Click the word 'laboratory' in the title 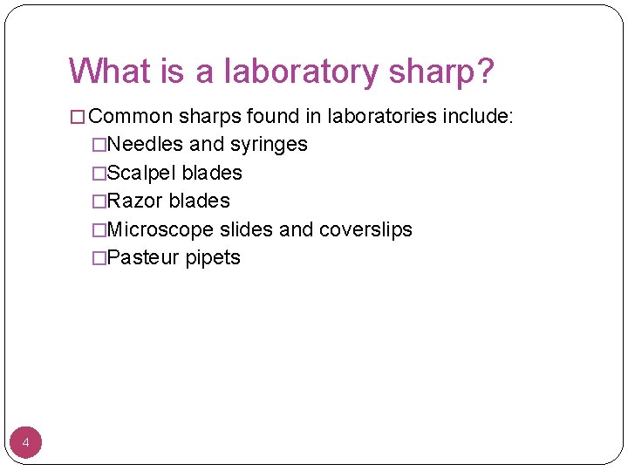click(295, 72)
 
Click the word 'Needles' click(143, 144)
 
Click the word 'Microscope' click(160, 229)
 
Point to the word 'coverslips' click(365, 229)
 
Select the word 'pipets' click(213, 258)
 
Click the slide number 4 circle click(26, 444)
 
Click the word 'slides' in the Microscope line click(247, 229)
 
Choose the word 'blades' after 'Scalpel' click(212, 173)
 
